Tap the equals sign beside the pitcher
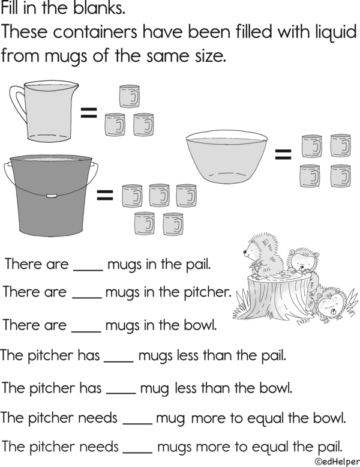[89, 113]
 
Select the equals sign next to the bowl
[283, 154]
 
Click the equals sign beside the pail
[105, 195]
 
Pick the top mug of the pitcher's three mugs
[130, 96]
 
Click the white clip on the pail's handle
[51, 196]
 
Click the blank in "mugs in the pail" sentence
[88, 270]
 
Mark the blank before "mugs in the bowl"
[86, 331]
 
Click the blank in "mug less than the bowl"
[121, 394]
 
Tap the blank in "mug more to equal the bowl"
[137, 423]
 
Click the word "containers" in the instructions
[95, 32]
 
